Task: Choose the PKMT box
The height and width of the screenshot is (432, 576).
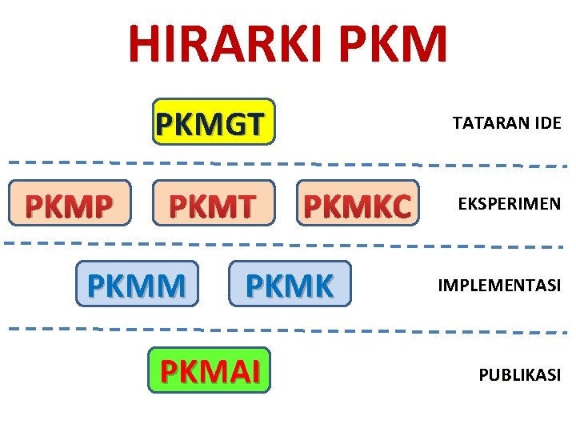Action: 211,204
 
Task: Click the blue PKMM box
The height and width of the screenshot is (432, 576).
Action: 136,284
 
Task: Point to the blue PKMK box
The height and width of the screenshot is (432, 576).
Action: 289,284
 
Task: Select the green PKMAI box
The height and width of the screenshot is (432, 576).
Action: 210,370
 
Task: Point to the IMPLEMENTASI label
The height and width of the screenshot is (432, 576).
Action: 499,285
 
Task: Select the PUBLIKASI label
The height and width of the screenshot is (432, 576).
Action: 520,374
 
